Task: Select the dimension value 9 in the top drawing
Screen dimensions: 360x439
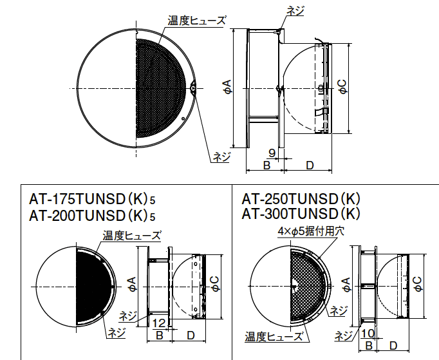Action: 272,153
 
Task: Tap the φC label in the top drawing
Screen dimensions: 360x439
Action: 342,89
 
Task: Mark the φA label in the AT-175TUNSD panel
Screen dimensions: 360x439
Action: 133,283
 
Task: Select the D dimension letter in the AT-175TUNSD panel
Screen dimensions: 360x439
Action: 191,335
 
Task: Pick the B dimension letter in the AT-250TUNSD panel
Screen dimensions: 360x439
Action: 369,345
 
